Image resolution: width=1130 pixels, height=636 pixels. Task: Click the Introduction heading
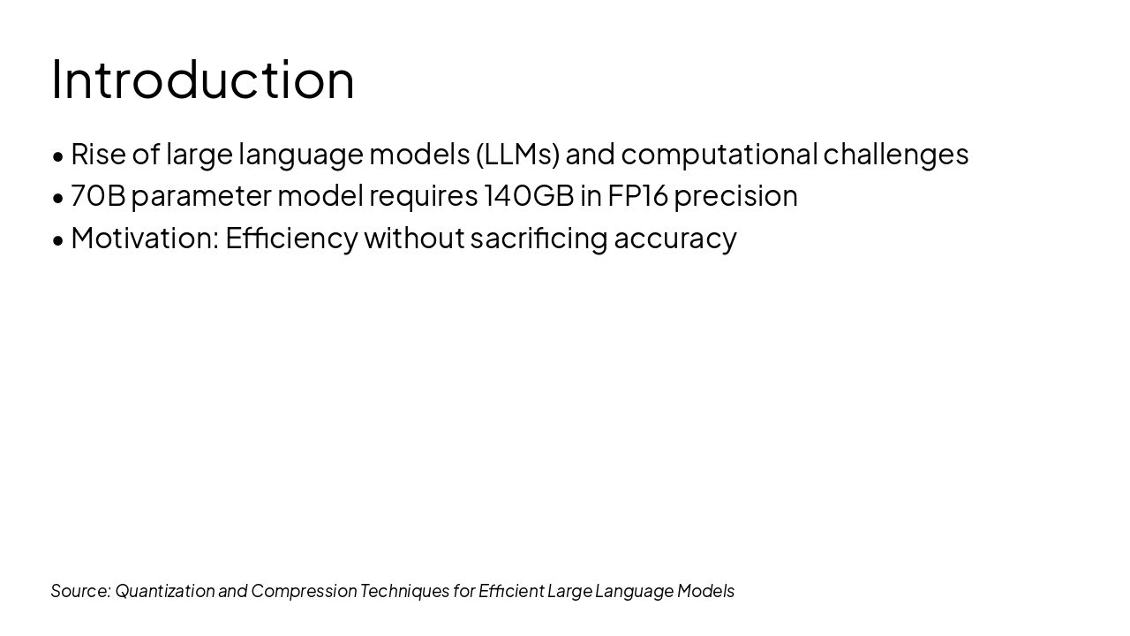coord(203,79)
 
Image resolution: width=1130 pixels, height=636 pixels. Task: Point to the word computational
coord(719,154)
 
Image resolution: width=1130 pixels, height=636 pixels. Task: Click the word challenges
coord(895,154)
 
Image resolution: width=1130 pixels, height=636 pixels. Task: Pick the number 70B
coord(98,195)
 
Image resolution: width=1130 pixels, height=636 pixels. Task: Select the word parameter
coord(201,195)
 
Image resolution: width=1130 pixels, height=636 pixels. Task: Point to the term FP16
coord(637,195)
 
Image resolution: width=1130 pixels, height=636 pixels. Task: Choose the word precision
coord(735,195)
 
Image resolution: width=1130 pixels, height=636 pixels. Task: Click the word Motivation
coord(144,238)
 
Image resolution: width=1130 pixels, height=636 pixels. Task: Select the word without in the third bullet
coord(413,238)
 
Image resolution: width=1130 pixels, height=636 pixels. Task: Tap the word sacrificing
coord(539,238)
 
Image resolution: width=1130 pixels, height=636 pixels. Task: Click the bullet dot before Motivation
coord(58,239)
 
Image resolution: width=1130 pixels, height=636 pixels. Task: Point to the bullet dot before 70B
coord(58,197)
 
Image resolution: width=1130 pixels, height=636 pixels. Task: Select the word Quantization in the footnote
coord(164,590)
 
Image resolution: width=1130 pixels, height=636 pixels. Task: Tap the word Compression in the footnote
coord(304,590)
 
